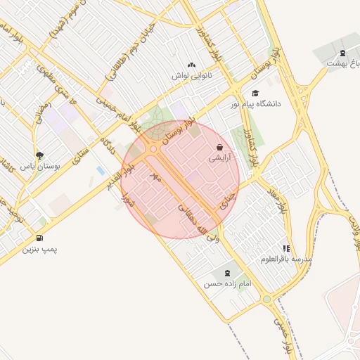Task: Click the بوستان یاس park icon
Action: coord(39,155)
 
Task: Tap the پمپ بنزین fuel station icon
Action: coord(39,238)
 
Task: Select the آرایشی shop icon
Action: coord(220,148)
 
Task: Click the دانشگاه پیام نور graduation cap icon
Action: coord(255,93)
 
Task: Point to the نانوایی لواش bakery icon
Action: coord(193,64)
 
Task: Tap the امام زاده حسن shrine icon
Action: coord(227,273)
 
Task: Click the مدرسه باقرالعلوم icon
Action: coord(286,248)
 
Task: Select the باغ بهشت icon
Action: coord(342,53)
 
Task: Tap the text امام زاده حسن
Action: coord(227,284)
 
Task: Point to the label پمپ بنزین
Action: coord(39,249)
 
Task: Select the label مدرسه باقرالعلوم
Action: coord(285,259)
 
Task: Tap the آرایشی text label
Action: coord(219,159)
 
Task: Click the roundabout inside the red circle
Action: coord(153,148)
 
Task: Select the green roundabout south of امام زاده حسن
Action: coord(266,300)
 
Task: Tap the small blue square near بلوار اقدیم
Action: coord(101,171)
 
